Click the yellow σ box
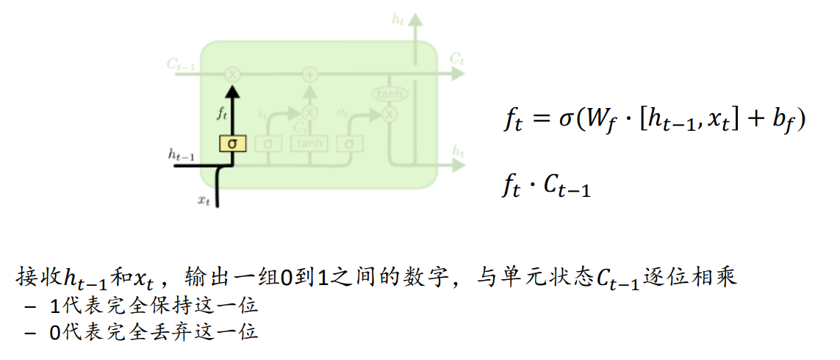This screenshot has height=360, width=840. pos(232,144)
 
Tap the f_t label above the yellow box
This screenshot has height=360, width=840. pos(221,114)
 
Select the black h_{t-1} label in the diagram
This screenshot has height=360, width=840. pos(181,154)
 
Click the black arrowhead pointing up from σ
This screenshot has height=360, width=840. pos(232,91)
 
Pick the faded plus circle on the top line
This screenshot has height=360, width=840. pos(309,74)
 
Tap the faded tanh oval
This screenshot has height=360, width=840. pos(389,94)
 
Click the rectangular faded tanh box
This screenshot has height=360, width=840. pos(309,144)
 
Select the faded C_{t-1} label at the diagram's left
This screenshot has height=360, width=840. pos(181,65)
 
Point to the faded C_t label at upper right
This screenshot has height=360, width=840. pos(457,58)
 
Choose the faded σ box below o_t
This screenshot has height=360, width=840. pos(350,144)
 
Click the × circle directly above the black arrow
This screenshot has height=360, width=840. pos(232,74)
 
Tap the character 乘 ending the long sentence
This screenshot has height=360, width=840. pos(726,278)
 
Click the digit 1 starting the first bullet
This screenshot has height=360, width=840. pos(54,306)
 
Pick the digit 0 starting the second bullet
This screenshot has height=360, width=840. pos(54,332)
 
